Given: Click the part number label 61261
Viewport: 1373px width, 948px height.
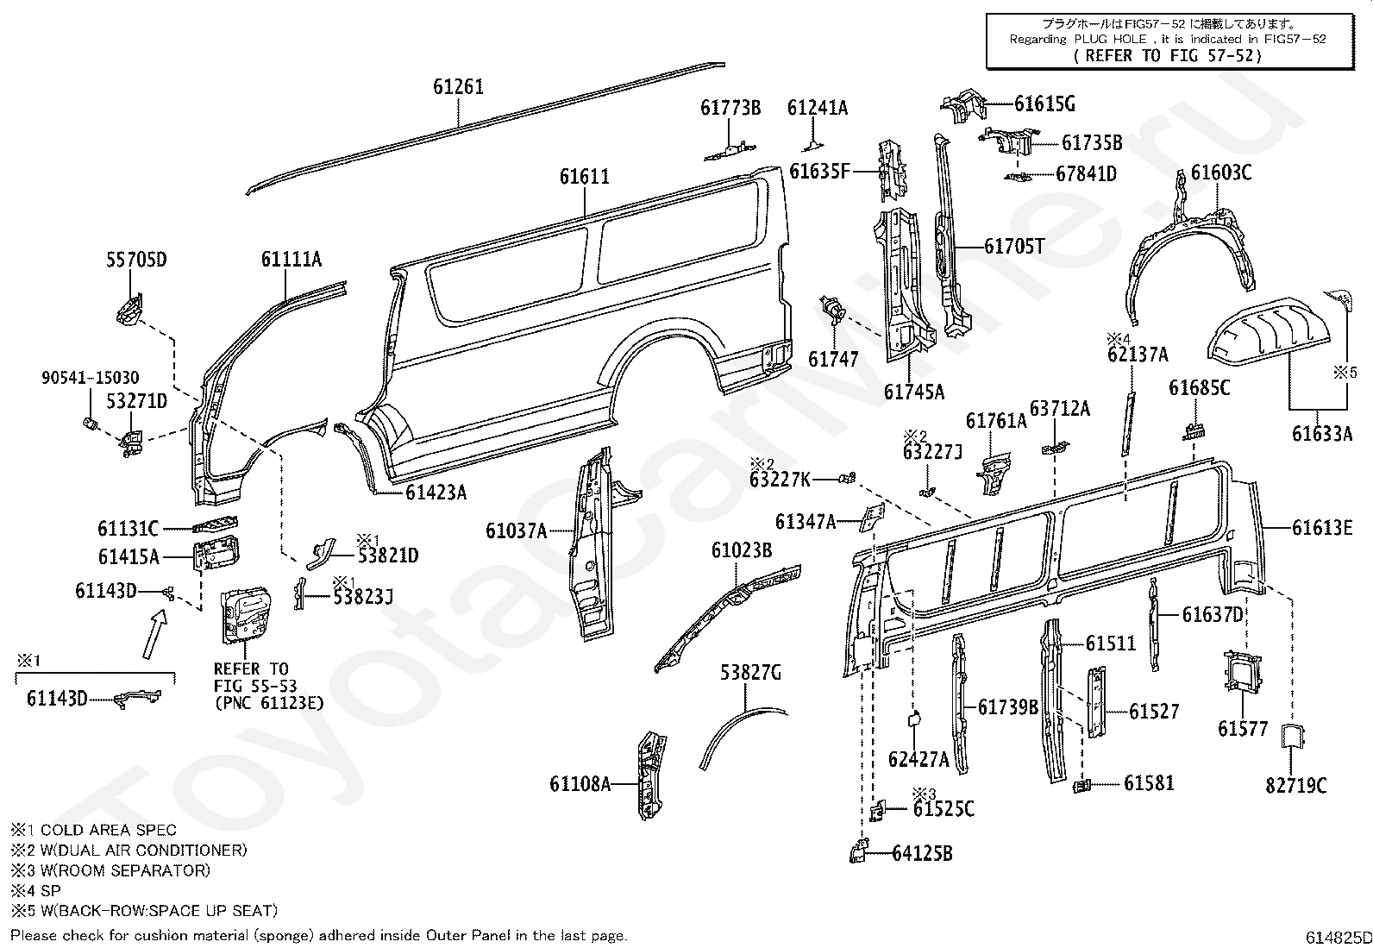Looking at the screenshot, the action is point(459,86).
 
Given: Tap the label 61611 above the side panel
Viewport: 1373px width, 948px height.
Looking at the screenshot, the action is point(584,177).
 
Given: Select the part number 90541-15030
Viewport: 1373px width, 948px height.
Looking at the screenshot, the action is point(90,377).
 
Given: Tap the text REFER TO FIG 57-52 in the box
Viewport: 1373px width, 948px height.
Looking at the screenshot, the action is point(1168,56).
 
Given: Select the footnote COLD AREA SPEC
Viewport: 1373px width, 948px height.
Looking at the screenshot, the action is point(108,831).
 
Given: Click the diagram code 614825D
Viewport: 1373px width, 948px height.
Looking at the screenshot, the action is point(1338,938).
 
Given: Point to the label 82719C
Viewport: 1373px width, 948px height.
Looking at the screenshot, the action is point(1295,786).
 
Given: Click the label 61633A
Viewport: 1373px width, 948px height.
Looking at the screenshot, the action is point(1321,434).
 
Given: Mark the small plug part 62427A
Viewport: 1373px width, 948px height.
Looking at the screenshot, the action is point(913,718).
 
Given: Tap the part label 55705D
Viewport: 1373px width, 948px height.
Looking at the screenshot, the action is point(136,260).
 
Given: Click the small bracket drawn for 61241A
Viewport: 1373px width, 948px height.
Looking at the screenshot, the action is point(812,147).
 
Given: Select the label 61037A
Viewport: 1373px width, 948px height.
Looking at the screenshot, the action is point(516,531).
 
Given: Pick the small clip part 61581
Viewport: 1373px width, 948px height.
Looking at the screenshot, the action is point(1082,785).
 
